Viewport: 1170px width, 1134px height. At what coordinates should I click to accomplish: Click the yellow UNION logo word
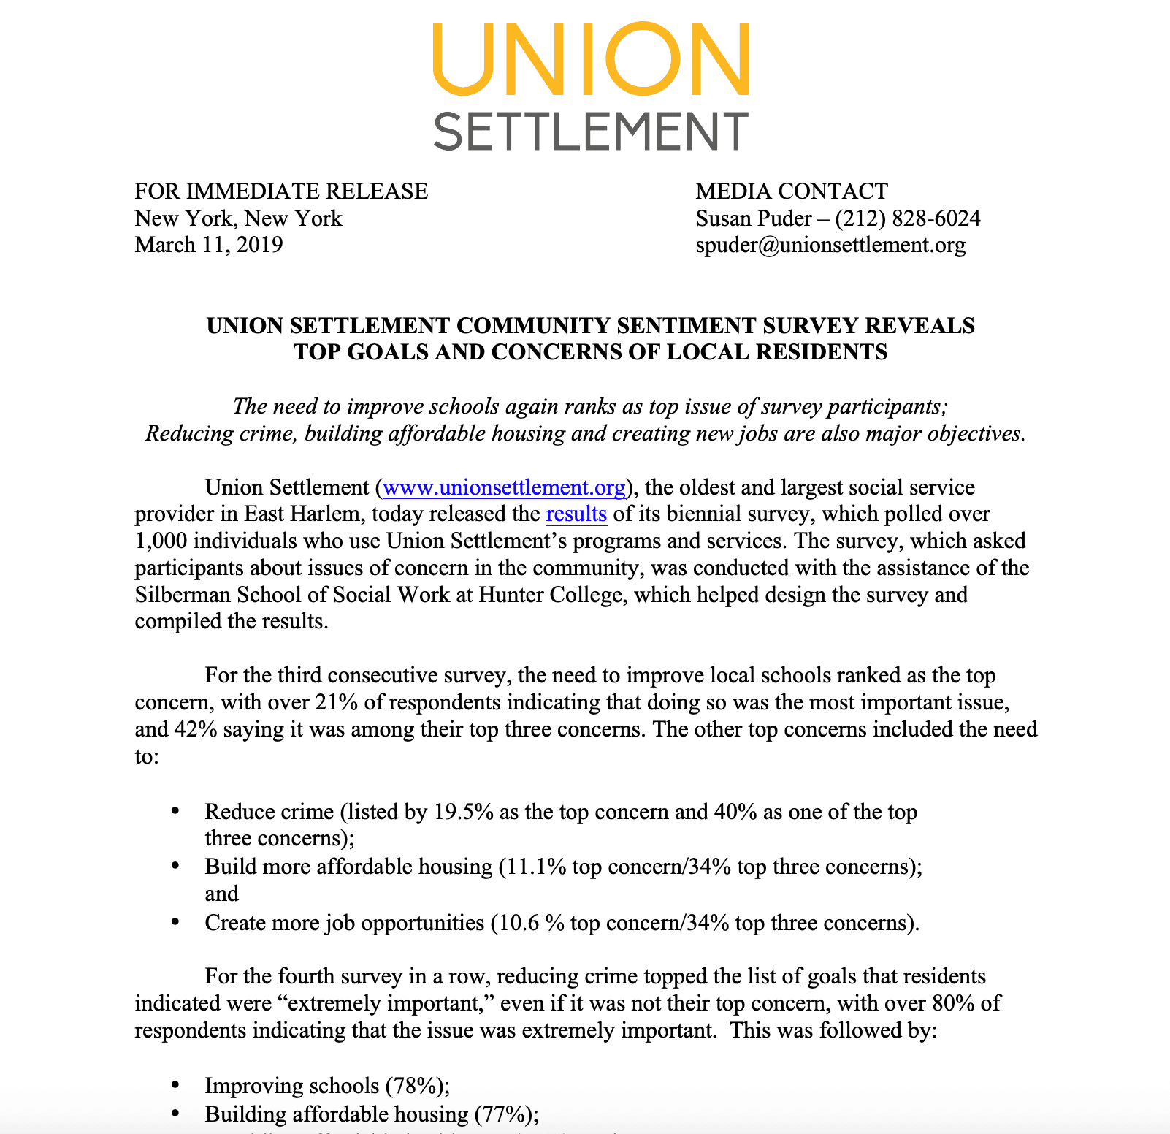[590, 59]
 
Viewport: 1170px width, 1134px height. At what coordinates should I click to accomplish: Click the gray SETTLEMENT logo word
[590, 132]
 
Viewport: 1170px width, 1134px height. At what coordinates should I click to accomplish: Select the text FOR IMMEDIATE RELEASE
[281, 191]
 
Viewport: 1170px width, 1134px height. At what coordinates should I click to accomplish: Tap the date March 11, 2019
[209, 245]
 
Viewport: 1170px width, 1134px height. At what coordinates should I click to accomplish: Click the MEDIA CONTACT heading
[792, 191]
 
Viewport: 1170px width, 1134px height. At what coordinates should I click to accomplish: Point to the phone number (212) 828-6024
[908, 218]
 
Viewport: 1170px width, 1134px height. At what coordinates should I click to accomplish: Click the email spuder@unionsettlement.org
[830, 245]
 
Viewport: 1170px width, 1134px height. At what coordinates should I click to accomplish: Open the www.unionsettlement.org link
[504, 487]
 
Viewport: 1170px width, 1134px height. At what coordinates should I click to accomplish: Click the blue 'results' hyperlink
[576, 514]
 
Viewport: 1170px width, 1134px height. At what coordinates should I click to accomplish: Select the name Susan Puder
[754, 218]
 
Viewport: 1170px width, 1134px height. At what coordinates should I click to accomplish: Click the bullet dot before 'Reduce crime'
[175, 812]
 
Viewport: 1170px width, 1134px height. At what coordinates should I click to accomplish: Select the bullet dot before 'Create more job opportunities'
[175, 923]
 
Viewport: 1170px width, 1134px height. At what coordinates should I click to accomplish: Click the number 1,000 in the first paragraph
[161, 541]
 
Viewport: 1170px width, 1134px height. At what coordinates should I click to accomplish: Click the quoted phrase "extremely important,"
[389, 1003]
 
